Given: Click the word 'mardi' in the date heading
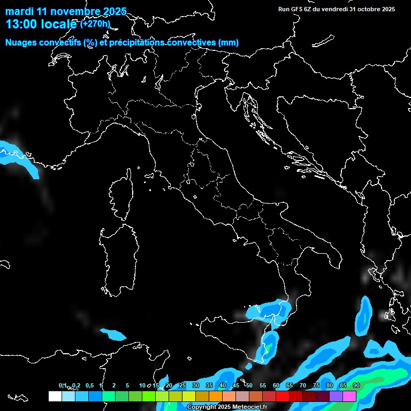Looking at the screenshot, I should click(19, 11).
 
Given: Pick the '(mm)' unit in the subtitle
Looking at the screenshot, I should click(229, 43).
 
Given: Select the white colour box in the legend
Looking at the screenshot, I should click(55, 396).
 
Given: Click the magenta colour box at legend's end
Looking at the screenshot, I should click(349, 396).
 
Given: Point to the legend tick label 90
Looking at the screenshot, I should click(356, 385).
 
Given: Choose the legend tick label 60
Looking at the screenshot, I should click(276, 385).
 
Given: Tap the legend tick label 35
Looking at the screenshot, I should click(209, 385).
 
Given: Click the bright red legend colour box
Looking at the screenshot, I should click(283, 396).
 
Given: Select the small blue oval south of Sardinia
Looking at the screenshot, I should click(113, 334).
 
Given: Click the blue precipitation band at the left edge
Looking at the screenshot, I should click(16, 155).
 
